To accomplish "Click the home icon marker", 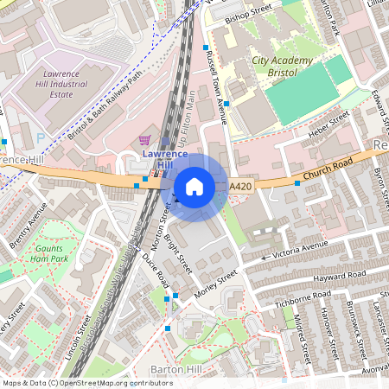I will [194, 187].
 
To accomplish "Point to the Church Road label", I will [329, 169].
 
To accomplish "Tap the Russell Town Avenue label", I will [215, 86].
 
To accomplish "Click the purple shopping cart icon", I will [144, 139].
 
